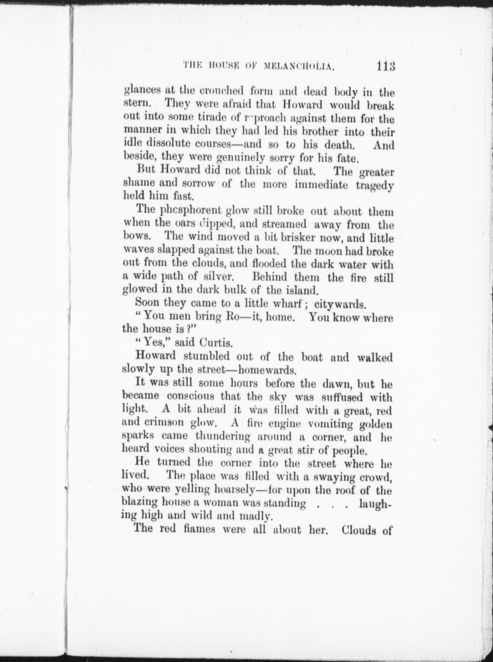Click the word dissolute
[173, 144]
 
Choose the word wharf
[292, 303]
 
